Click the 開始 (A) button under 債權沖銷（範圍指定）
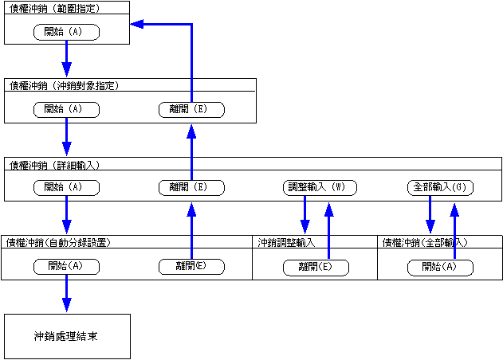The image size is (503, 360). point(66,32)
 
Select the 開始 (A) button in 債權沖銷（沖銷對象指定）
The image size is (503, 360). point(66,110)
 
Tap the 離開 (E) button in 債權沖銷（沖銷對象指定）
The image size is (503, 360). point(191,110)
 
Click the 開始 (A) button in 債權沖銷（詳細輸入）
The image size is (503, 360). point(66,187)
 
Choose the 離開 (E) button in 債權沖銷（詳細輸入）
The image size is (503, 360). point(191,187)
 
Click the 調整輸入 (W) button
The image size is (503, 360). point(320,187)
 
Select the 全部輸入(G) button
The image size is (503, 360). point(440,187)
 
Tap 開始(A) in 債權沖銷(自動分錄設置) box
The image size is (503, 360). point(66,267)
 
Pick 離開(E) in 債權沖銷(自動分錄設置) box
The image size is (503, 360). point(191,267)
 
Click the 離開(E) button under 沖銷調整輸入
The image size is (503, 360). point(316,268)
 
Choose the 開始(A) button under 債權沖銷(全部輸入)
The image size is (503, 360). point(440,268)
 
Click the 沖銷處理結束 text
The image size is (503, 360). point(65,336)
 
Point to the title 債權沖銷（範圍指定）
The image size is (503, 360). point(54,8)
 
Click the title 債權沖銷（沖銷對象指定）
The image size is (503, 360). point(64,85)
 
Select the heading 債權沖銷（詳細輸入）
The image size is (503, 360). point(54,165)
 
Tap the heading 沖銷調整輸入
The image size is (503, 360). point(286,243)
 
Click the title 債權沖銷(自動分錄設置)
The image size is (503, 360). point(58,243)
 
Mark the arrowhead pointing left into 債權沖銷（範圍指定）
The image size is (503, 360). point(136,24)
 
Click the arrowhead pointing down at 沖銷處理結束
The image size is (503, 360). point(66,305)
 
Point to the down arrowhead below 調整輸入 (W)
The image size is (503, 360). point(305,227)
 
